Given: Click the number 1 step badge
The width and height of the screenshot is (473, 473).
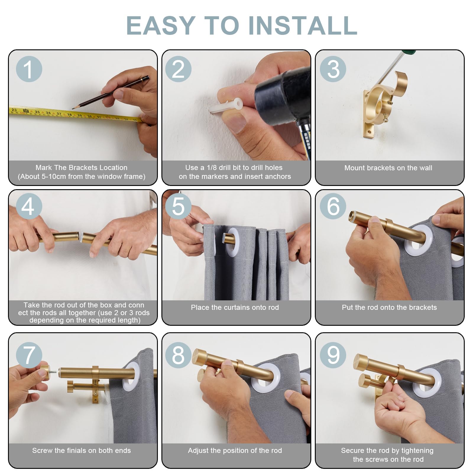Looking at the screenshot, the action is point(29,69).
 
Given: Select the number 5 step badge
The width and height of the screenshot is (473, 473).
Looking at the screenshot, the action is point(178,206).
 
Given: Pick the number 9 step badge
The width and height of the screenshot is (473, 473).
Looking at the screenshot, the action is point(333,355).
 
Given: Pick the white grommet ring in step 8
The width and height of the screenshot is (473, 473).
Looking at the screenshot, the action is point(264,379).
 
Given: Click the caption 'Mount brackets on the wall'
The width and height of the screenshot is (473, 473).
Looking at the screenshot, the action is point(388,168).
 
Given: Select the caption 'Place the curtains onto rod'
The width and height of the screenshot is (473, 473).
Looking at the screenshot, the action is point(235,307).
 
